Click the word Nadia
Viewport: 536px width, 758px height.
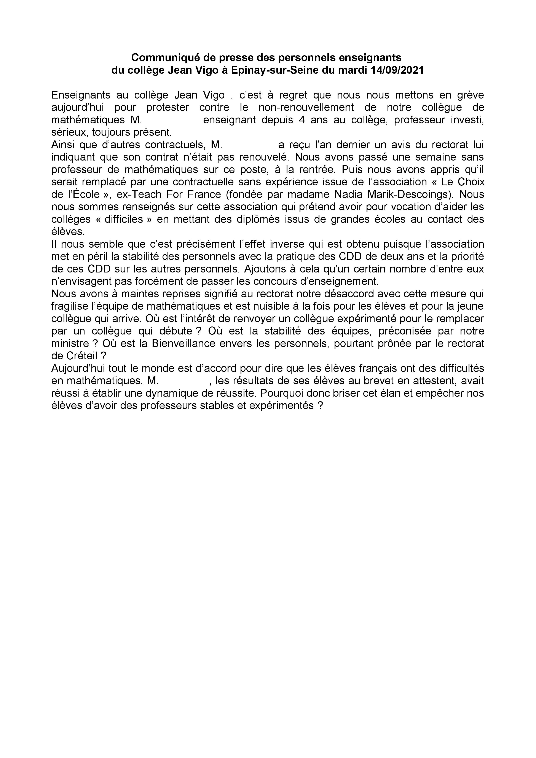point(347,194)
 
